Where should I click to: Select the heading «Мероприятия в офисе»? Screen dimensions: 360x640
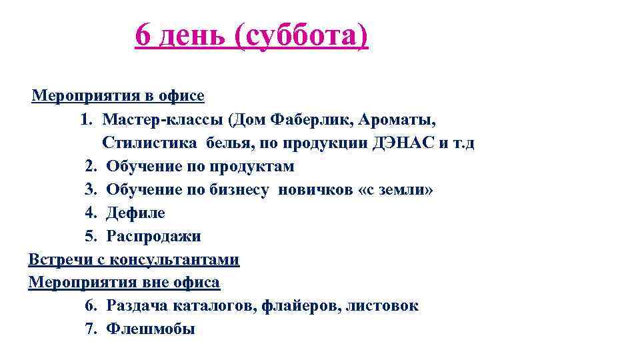tap(118, 95)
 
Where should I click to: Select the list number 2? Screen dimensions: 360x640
tap(90, 166)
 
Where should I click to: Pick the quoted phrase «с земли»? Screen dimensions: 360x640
tap(396, 190)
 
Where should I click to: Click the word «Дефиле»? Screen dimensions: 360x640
tap(136, 213)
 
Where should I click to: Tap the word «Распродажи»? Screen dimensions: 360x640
tap(154, 237)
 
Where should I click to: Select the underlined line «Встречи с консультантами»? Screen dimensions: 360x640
tap(133, 259)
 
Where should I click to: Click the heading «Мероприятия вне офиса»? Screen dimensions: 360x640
tap(124, 282)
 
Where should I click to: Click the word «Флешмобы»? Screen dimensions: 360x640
tap(151, 329)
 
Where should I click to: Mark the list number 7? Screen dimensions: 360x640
tap(90, 329)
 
